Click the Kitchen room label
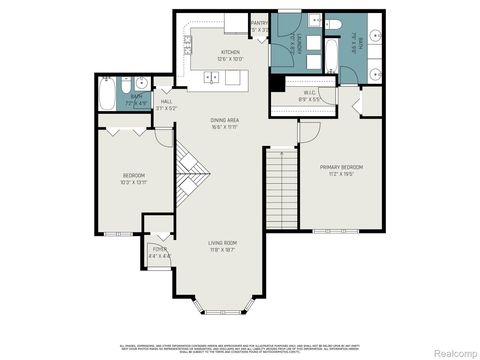point(230,52)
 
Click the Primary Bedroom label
point(341,167)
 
